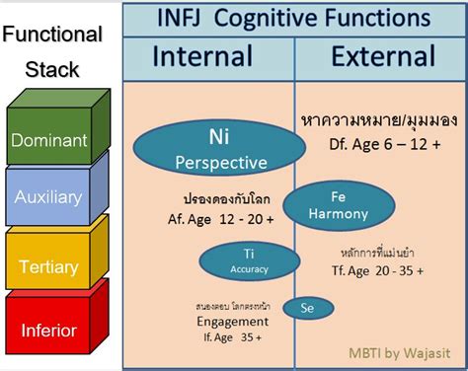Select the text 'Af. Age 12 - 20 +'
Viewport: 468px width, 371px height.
coord(212,210)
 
